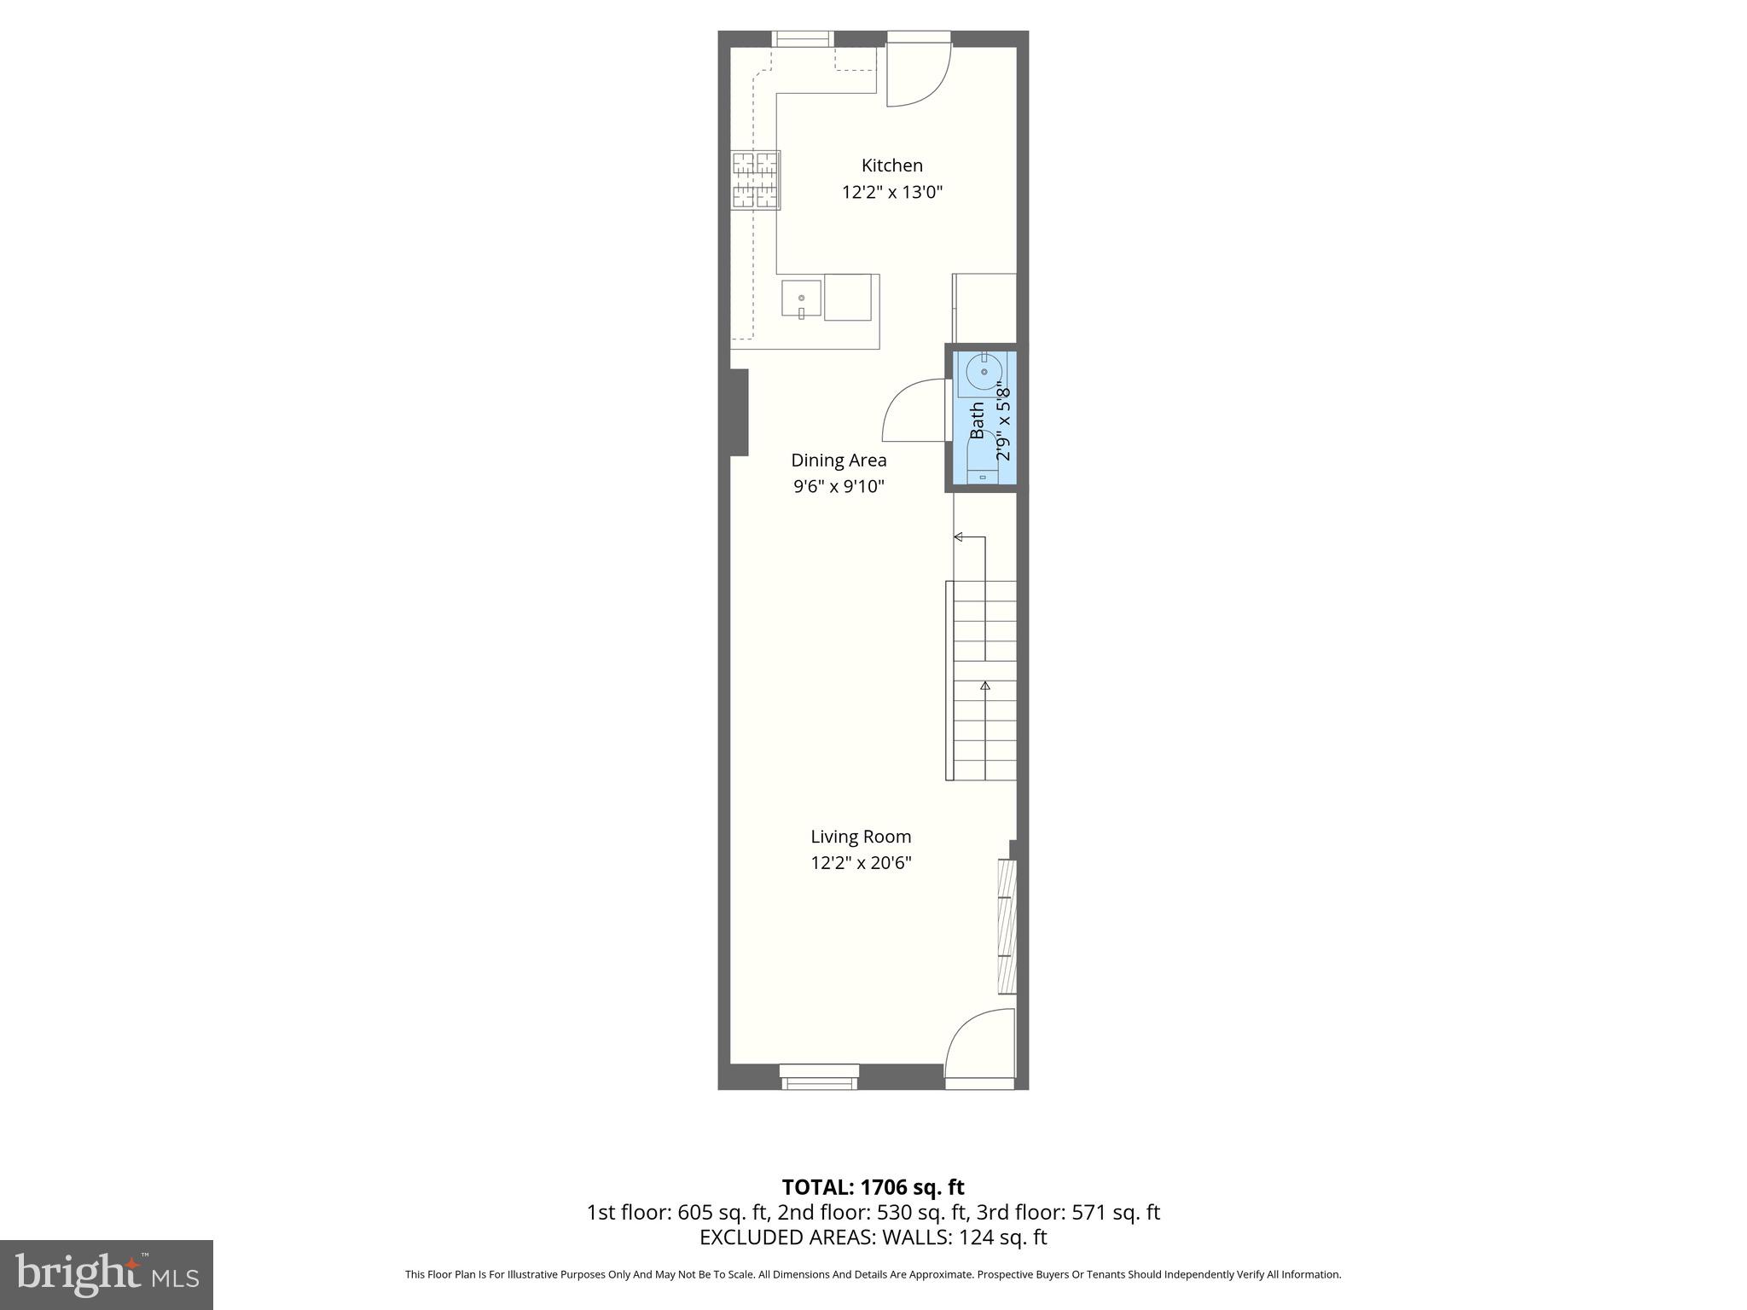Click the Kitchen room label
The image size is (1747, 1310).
(x=891, y=165)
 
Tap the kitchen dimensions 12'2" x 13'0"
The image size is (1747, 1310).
(x=891, y=192)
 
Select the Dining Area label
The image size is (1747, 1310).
(x=839, y=461)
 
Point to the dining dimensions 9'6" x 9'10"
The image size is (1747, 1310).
(x=839, y=487)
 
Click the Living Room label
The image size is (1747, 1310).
(x=861, y=837)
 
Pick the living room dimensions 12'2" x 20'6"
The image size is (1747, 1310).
(x=861, y=863)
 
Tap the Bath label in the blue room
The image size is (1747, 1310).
(x=978, y=420)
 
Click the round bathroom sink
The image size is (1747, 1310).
(x=984, y=372)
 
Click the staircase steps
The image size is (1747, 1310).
(x=984, y=682)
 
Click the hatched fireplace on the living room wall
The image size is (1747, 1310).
(x=1007, y=926)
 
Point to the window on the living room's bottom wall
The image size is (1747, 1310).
(x=819, y=1077)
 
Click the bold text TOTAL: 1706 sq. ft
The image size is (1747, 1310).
(x=873, y=1187)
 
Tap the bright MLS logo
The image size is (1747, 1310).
(x=106, y=1274)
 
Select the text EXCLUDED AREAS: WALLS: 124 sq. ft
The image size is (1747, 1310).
(x=873, y=1238)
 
